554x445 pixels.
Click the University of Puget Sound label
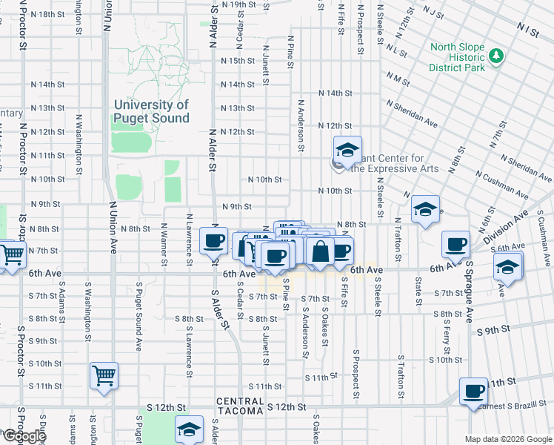(151, 111)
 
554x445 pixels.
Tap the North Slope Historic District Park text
(457, 57)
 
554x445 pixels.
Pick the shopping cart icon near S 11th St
(104, 375)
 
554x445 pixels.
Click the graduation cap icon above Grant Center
(347, 151)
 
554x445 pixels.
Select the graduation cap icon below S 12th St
(189, 429)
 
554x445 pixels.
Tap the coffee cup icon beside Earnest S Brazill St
(473, 392)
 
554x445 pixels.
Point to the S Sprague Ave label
(469, 291)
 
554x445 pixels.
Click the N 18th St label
(47, 14)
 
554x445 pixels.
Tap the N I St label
(528, 29)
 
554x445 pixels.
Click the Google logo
(24, 436)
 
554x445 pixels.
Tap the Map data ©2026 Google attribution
(508, 439)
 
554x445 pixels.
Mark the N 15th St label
(237, 60)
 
